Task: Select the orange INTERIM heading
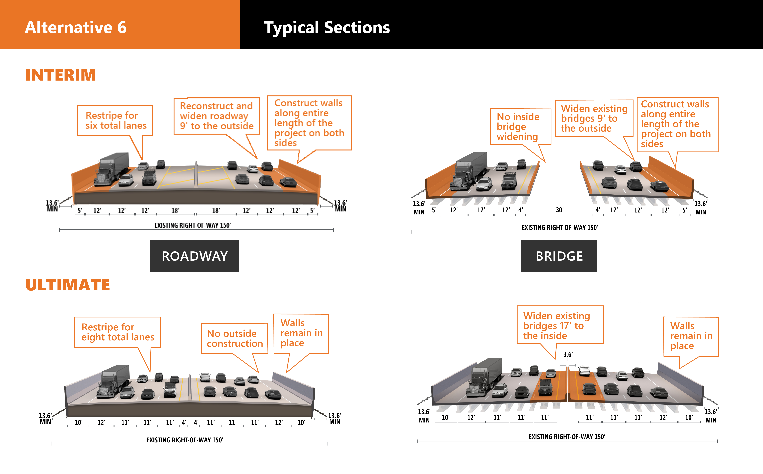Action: point(61,75)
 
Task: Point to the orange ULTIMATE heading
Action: point(68,285)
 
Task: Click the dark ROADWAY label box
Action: point(194,256)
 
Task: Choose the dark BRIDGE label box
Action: point(559,256)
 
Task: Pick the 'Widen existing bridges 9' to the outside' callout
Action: point(594,118)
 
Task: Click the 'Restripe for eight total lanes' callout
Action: point(118,332)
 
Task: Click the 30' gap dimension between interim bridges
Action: point(559,210)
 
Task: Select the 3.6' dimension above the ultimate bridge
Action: point(568,354)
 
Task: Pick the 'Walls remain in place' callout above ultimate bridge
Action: point(691,336)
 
